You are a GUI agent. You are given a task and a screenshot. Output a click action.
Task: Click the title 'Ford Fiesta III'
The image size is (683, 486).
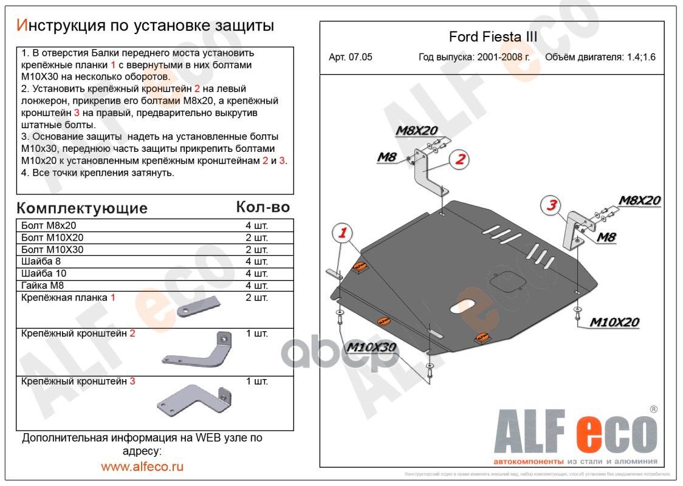click(493, 36)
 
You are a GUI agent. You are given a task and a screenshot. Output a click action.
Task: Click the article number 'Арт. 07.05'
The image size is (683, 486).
click(350, 58)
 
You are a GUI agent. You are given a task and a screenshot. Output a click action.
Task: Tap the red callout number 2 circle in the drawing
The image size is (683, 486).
click(460, 159)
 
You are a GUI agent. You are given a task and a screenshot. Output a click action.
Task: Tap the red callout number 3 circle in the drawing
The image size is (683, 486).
click(551, 205)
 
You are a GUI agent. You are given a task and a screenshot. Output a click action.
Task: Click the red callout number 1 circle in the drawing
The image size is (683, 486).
click(343, 233)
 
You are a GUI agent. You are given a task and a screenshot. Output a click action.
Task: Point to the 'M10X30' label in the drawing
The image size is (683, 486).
click(371, 347)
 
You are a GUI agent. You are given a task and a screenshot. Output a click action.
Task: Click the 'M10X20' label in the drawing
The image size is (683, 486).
click(614, 322)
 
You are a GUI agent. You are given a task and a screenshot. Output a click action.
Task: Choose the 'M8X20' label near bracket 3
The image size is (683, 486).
click(639, 200)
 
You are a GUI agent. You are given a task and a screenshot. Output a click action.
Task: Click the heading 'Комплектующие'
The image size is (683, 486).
click(82, 208)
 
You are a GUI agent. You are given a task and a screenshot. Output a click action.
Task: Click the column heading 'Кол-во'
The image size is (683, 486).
click(263, 207)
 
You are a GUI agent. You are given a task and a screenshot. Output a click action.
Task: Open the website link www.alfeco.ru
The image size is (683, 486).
click(142, 467)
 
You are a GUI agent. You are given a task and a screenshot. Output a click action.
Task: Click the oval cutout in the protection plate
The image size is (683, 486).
click(464, 306)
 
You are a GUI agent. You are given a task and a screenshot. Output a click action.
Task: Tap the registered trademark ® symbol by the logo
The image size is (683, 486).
click(653, 409)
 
